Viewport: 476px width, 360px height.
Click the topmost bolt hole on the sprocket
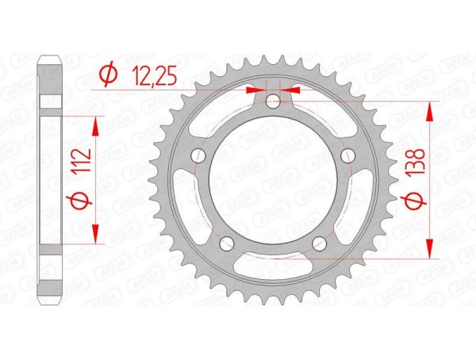coord(272,101)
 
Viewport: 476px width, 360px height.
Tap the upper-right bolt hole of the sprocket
coord(347,156)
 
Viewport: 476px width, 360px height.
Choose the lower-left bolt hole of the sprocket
coord(226,243)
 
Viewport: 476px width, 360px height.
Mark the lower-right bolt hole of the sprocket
coord(318,243)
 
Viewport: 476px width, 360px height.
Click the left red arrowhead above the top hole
coord(255,90)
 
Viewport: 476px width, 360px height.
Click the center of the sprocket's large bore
coord(272,181)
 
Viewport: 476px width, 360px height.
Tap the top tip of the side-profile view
coord(51,57)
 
